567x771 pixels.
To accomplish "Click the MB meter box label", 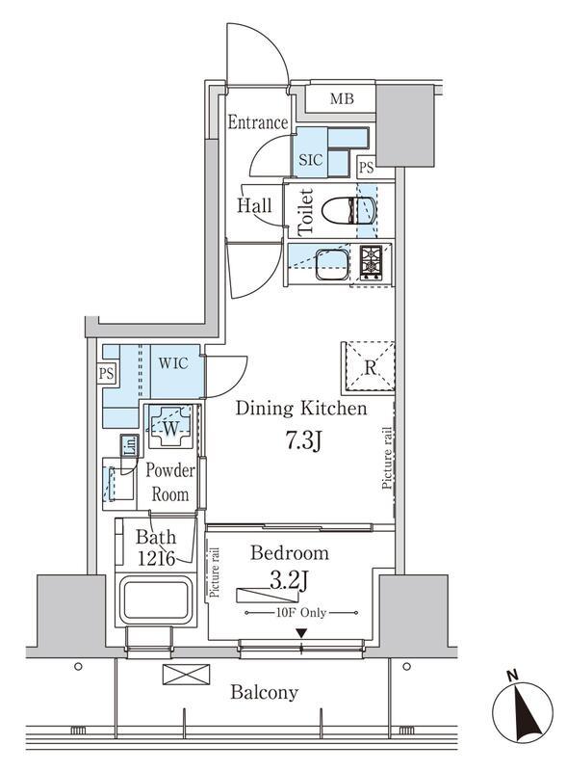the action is pos(342,99).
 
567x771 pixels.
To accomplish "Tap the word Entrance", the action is pos(257,122).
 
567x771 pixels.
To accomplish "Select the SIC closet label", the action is pos(311,159).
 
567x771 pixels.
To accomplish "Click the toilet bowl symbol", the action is pos(349,211).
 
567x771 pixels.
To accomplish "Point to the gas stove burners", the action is pos(372,263).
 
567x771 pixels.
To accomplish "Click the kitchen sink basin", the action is pos(332,264).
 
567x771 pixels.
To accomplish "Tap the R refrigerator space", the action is pos(370,367).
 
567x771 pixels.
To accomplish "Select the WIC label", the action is pos(173,363).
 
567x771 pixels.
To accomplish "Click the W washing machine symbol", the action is pos(170,427).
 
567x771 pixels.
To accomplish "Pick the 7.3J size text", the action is pos(303,441).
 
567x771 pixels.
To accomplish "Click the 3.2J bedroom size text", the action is pos(290,582).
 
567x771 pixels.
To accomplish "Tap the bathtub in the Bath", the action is pos(155,599).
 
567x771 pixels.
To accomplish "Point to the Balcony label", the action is pos(265,692).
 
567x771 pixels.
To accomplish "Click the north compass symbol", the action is pos(523,709).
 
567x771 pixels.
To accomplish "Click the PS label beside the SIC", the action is pos(366,168).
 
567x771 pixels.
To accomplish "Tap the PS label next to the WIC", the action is pos(106,373).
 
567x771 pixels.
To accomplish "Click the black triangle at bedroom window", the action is pos(301,633).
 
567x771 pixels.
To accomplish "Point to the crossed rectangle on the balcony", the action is pos(186,674).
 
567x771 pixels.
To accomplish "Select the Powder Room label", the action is pos(170,482).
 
